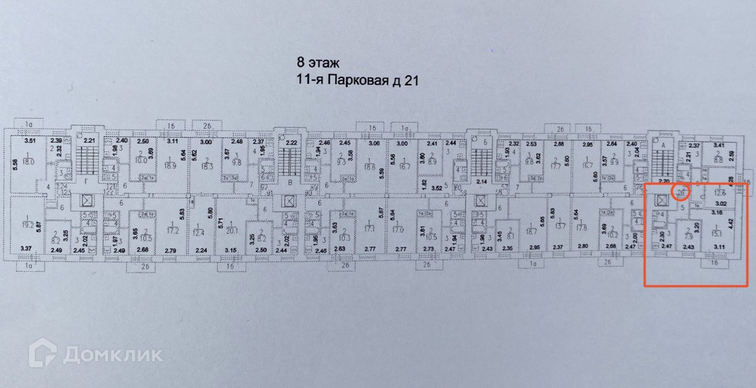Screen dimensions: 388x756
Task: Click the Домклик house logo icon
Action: tap(43, 353)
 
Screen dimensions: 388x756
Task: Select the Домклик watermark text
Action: tap(112, 354)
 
